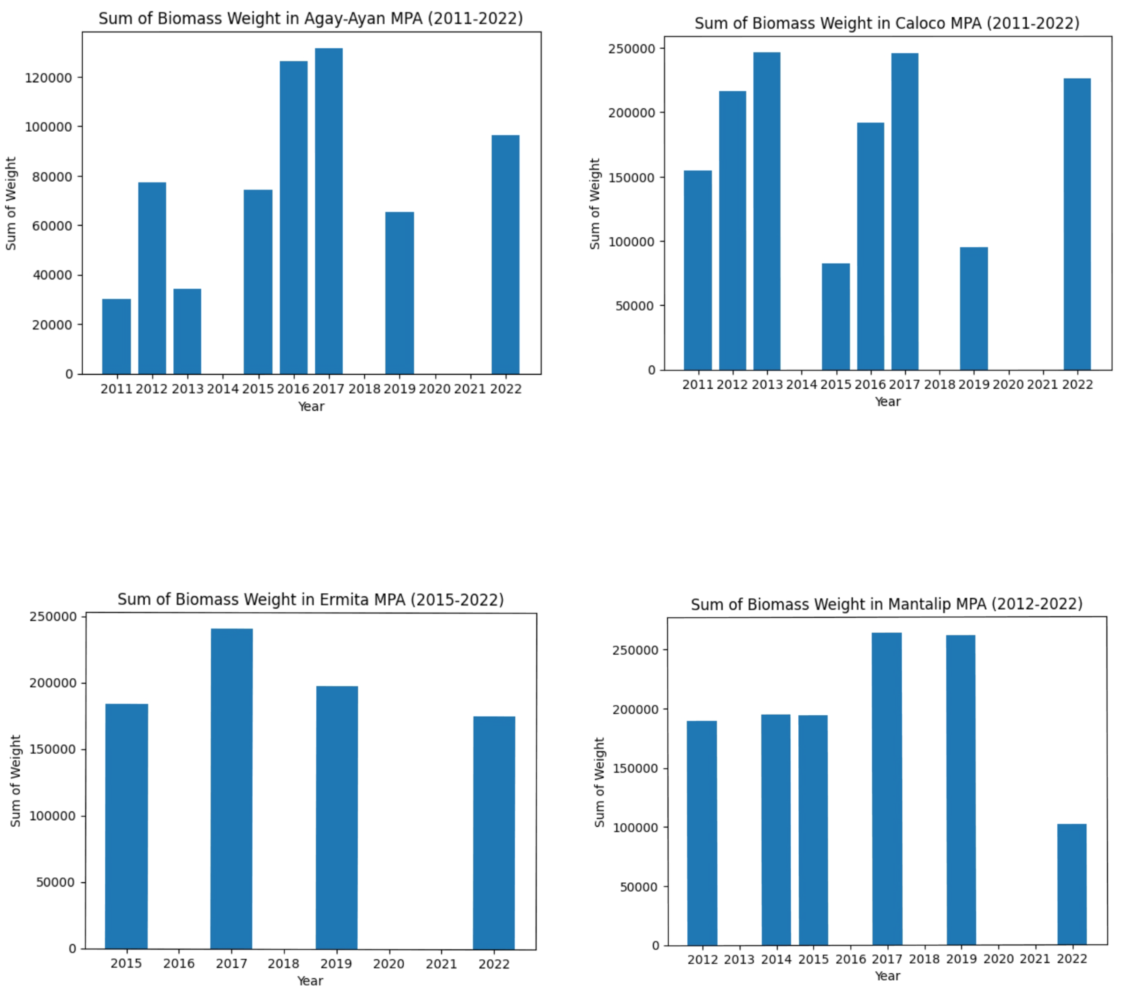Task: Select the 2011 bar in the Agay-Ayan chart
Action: point(116,336)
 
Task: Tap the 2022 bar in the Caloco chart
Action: point(1077,224)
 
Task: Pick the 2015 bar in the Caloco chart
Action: point(836,316)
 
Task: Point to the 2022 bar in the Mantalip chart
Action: point(1071,884)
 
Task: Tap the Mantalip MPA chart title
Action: point(886,604)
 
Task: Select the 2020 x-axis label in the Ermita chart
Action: point(389,964)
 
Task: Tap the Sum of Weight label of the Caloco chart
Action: point(595,204)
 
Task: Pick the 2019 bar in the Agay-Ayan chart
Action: point(399,293)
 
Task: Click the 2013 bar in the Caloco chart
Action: point(766,211)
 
